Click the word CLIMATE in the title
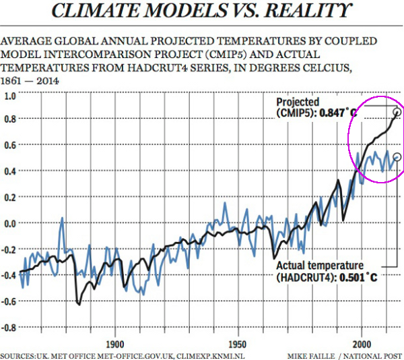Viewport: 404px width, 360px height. coord(96,11)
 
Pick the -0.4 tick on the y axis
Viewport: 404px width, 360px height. coord(9,275)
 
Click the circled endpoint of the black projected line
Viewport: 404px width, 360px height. coord(397,112)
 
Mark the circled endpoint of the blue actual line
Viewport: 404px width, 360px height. coord(397,157)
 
